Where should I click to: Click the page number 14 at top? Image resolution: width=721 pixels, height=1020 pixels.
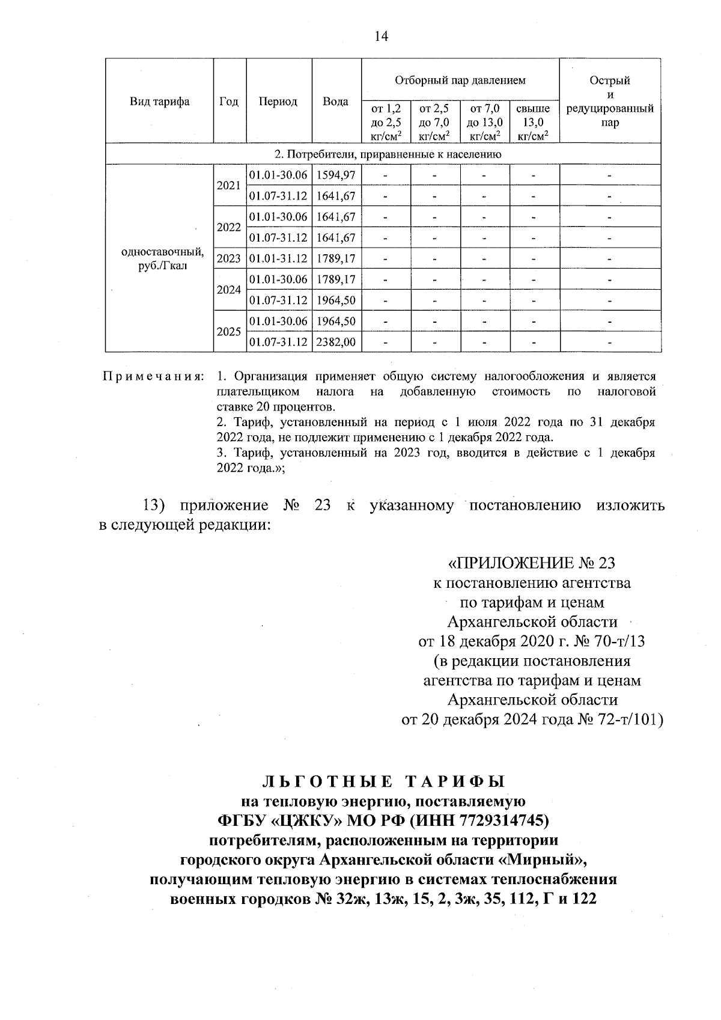click(381, 37)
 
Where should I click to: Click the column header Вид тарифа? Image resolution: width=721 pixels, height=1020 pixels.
click(159, 102)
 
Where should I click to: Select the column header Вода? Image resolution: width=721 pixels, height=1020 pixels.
click(336, 102)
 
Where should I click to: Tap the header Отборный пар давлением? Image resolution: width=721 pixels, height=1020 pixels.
click(460, 80)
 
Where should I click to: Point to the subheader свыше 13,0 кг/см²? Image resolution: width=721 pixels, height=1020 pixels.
click(534, 123)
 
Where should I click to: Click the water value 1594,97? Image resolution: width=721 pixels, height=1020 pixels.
click(336, 175)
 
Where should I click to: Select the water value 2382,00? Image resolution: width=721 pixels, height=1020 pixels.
click(336, 343)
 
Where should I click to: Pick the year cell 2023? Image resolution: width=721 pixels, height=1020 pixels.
click(229, 259)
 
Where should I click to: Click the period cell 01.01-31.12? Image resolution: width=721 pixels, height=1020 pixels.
click(278, 259)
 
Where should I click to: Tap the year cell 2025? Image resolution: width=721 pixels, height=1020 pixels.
click(229, 332)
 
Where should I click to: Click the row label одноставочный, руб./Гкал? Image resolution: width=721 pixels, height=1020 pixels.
click(159, 259)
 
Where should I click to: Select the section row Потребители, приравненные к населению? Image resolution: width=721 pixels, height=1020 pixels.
click(383, 154)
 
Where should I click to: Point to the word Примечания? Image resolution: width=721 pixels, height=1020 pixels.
click(153, 377)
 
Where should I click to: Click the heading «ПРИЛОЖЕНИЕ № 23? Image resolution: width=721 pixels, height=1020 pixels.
click(532, 563)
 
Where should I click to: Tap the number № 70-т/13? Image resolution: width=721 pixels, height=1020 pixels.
click(610, 641)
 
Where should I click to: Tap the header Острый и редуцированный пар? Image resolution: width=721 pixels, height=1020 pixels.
click(610, 102)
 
